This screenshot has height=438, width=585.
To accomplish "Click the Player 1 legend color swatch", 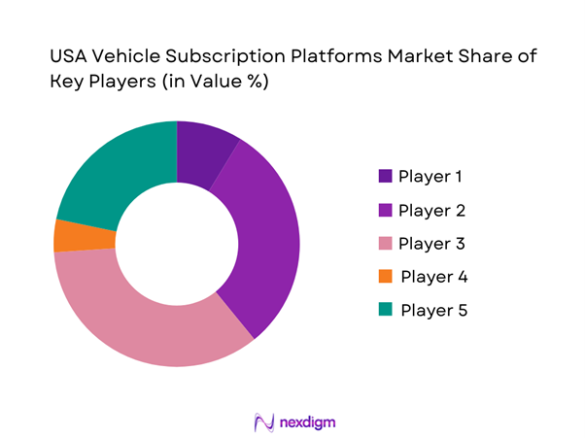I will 385,177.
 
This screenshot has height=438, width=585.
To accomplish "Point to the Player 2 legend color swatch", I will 385,210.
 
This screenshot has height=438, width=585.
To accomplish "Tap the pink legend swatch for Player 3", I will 385,244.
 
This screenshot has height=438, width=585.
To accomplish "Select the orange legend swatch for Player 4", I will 385,277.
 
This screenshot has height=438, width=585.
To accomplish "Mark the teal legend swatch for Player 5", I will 385,311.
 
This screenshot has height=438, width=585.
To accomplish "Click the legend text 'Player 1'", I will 430,177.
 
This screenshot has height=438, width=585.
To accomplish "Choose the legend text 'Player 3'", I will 431,244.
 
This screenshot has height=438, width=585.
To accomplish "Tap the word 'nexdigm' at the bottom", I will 307,422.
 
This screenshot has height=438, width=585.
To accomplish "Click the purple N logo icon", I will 261,422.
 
